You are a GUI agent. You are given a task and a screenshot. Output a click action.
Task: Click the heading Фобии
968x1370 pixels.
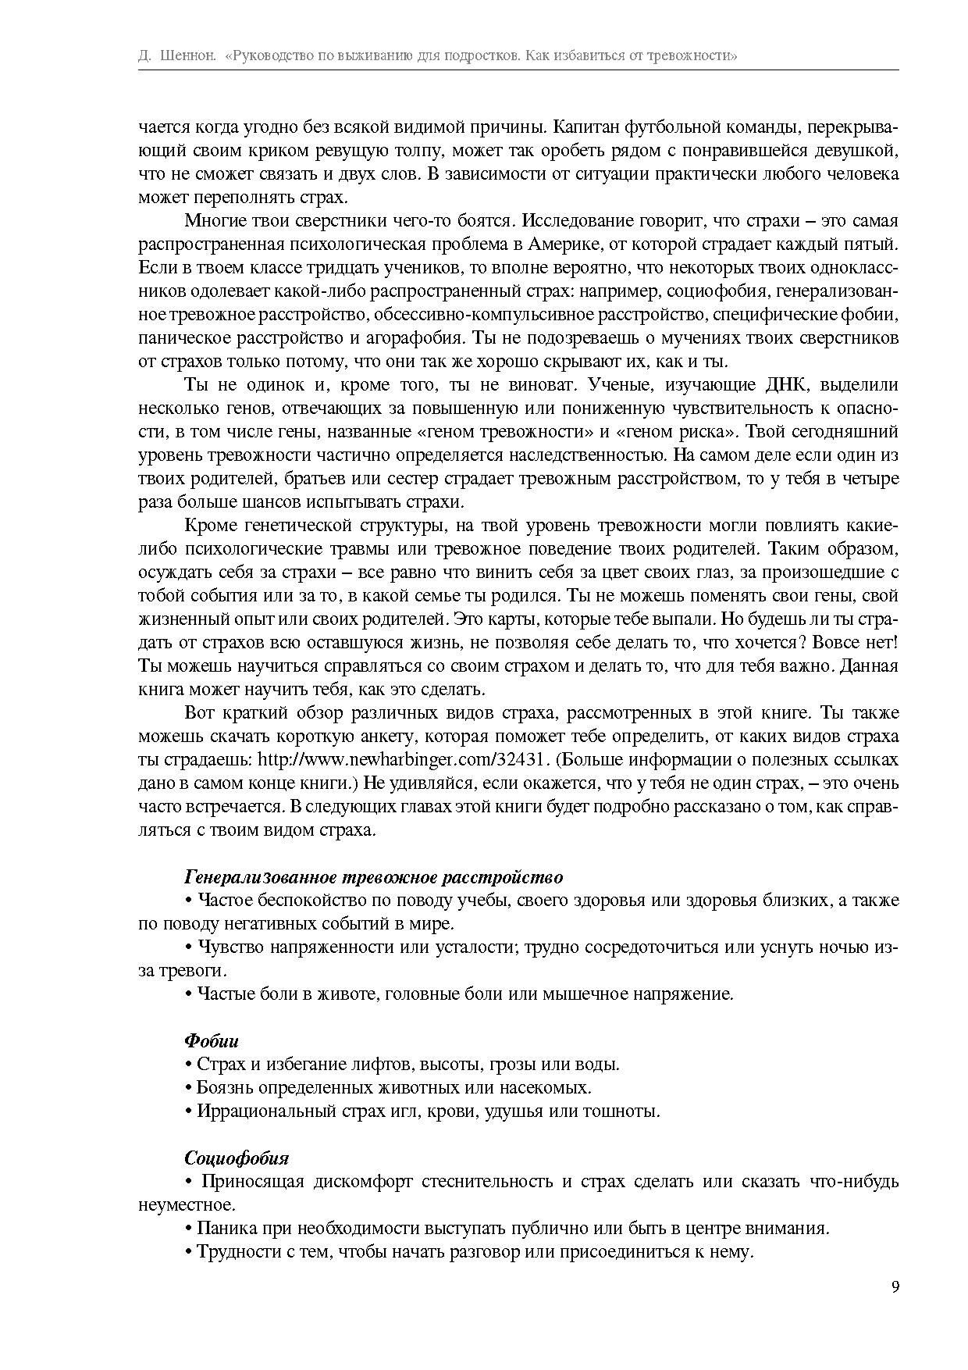pyautogui.click(x=212, y=1041)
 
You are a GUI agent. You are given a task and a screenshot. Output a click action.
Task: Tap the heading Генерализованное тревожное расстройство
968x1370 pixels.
pyautogui.click(x=373, y=877)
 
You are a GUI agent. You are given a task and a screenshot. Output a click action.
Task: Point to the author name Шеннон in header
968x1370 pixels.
pyautogui.click(x=187, y=56)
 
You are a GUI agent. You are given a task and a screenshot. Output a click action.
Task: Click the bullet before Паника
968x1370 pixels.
pyautogui.click(x=189, y=1229)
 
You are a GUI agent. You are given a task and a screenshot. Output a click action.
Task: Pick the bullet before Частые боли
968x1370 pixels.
pyautogui.click(x=189, y=994)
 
